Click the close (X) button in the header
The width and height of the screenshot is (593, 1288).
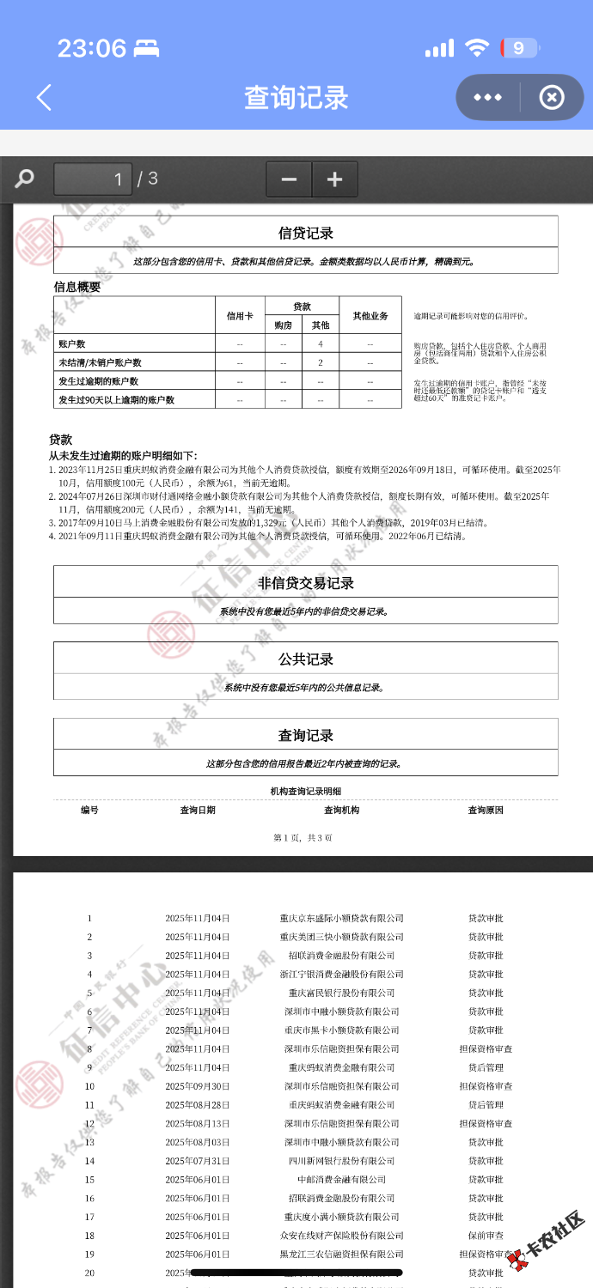(551, 97)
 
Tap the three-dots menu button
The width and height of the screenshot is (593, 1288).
(487, 97)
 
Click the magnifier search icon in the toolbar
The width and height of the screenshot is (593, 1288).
(25, 179)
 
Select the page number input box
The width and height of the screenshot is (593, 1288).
(93, 179)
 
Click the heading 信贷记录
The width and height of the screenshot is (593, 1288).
(305, 233)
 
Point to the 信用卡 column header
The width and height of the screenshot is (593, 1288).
(240, 316)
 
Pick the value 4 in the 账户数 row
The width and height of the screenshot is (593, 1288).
(320, 344)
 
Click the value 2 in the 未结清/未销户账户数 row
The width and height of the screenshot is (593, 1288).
(320, 363)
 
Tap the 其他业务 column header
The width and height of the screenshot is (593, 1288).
(370, 316)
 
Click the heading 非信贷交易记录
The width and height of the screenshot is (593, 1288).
(305, 583)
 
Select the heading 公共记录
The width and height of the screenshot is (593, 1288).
(305, 659)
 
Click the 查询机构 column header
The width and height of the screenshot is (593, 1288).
(341, 810)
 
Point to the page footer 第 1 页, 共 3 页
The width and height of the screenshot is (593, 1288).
(302, 837)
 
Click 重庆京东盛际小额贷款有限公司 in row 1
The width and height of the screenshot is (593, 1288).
(341, 918)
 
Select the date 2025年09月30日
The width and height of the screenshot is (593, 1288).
(198, 1086)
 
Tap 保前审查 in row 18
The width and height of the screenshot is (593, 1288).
(486, 1236)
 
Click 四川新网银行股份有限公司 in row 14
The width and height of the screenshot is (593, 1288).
(341, 1161)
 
